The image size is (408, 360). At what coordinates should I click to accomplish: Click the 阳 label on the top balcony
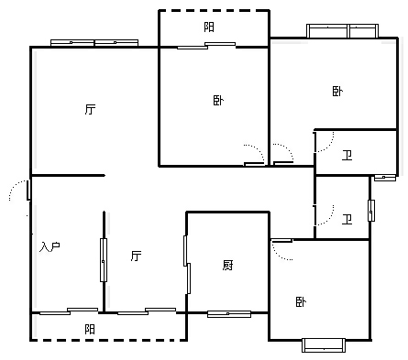pyautogui.click(x=209, y=27)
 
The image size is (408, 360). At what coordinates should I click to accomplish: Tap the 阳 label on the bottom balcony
pyautogui.click(x=90, y=329)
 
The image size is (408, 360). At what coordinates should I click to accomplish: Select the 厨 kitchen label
pyautogui.click(x=228, y=266)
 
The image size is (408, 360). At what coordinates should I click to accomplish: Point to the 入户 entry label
pyautogui.click(x=50, y=246)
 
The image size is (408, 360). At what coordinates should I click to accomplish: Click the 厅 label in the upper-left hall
pyautogui.click(x=90, y=109)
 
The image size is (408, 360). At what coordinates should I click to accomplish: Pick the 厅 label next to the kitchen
pyautogui.click(x=137, y=256)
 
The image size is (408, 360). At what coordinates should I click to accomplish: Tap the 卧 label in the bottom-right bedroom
pyautogui.click(x=301, y=302)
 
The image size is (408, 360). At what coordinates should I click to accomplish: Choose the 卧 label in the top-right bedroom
pyautogui.click(x=337, y=91)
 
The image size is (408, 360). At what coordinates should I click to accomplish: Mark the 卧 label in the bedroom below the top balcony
pyautogui.click(x=218, y=100)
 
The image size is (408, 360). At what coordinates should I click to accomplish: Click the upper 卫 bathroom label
pyautogui.click(x=347, y=156)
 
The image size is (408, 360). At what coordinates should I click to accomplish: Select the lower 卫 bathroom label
pyautogui.click(x=347, y=219)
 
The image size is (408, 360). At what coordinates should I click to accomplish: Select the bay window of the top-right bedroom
pyautogui.click(x=343, y=31)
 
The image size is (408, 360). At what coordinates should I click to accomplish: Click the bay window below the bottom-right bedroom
pyautogui.click(x=324, y=345)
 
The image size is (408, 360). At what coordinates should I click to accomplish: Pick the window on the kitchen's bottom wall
pyautogui.click(x=229, y=314)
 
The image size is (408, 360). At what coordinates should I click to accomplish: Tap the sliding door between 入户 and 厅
pyautogui.click(x=104, y=260)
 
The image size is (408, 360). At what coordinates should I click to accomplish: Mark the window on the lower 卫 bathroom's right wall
pyautogui.click(x=371, y=211)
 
